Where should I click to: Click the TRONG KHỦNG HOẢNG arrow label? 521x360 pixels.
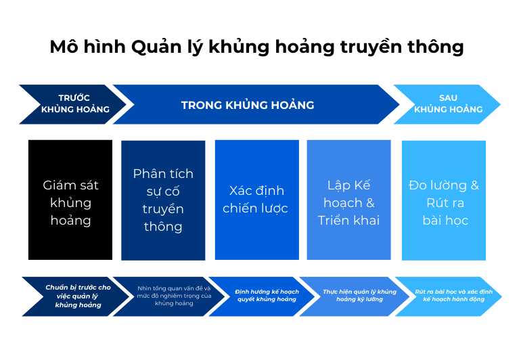pyautogui.click(x=248, y=105)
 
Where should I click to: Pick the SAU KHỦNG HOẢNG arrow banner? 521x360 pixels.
pyautogui.click(x=447, y=104)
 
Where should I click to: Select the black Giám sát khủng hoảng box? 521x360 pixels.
pyautogui.click(x=70, y=200)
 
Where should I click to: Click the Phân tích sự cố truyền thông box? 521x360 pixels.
pyautogui.click(x=163, y=200)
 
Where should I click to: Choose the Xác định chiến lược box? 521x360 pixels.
pyautogui.click(x=257, y=200)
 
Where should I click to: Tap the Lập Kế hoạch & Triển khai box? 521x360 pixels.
pyautogui.click(x=349, y=200)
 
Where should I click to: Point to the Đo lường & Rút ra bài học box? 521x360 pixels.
pyautogui.click(x=444, y=200)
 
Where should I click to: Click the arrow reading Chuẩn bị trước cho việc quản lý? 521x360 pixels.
pyautogui.click(x=76, y=296)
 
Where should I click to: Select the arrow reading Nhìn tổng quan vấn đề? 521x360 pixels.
pyautogui.click(x=169, y=296)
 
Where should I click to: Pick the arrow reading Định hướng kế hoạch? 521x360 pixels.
pyautogui.click(x=261, y=296)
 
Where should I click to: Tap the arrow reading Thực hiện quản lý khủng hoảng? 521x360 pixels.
pyautogui.click(x=354, y=296)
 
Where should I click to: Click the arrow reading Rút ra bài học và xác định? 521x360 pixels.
pyautogui.click(x=449, y=296)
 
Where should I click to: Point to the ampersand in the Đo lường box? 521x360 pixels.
pyautogui.click(x=475, y=185)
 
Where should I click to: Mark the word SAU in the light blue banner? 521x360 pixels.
pyautogui.click(x=448, y=97)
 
